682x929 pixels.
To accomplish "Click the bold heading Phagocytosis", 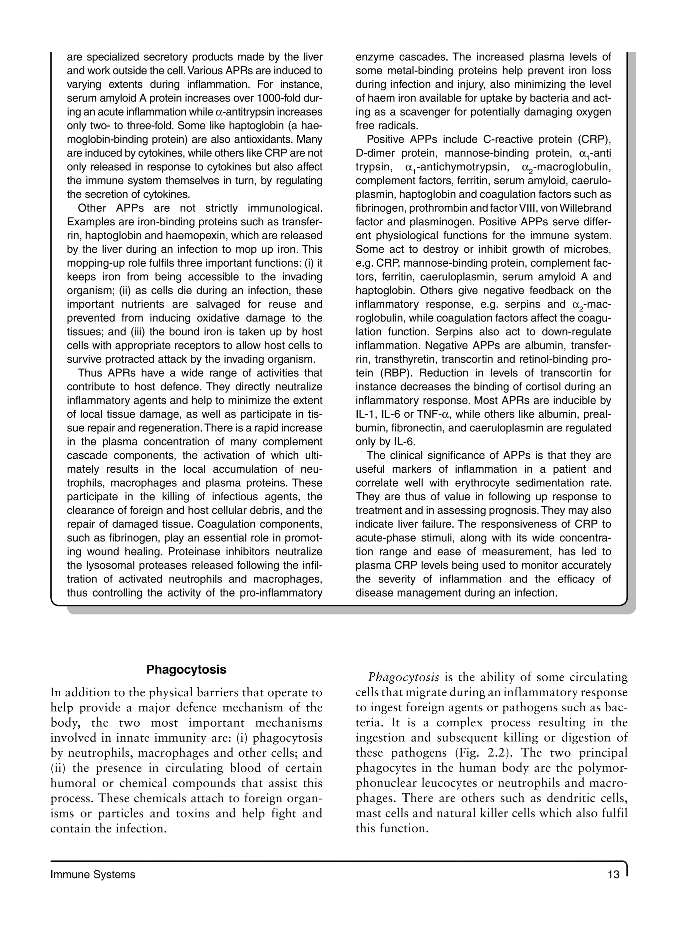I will tap(186, 669).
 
